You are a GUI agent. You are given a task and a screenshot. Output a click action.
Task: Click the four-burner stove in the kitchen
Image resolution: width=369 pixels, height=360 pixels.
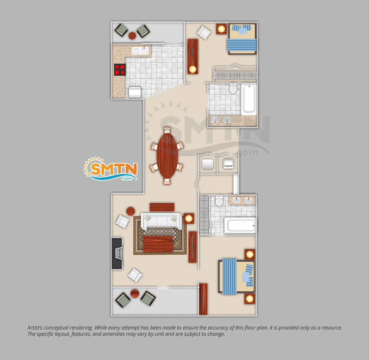(120, 70)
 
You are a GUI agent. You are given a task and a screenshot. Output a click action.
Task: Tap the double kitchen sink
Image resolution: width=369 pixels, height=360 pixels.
(140, 50)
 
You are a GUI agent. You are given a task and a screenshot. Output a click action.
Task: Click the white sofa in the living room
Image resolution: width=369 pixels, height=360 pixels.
(161, 221)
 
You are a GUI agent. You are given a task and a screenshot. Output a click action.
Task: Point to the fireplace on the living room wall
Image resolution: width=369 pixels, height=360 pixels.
(117, 253)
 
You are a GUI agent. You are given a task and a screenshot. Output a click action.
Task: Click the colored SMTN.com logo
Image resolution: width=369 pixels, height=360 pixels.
(111, 169)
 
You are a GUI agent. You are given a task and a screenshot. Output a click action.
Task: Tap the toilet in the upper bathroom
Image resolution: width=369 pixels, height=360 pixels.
(233, 88)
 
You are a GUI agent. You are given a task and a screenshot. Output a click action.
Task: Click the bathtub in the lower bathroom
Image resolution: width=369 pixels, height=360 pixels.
(240, 226)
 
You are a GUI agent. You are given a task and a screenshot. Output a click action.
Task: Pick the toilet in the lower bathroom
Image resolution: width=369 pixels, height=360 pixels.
(219, 201)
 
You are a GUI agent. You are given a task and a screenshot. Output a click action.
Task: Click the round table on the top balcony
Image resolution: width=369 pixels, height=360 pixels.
(132, 36)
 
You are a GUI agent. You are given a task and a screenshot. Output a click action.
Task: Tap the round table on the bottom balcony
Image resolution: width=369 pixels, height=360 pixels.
(135, 293)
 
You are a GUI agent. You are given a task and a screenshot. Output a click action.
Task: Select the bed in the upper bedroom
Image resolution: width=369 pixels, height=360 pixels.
(242, 39)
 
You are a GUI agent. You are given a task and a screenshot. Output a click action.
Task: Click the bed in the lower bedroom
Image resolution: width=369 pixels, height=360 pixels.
(237, 276)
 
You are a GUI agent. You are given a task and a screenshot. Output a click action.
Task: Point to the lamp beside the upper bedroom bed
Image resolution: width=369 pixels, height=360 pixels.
(221, 29)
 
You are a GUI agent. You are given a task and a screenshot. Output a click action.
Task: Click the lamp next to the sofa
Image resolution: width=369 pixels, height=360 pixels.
(189, 218)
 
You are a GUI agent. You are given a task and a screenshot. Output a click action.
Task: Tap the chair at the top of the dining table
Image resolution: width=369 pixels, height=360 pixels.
(167, 130)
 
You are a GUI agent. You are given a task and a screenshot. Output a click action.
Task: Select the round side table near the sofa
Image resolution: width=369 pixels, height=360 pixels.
(131, 211)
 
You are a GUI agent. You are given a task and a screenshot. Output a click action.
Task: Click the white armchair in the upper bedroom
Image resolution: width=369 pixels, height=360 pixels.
(204, 32)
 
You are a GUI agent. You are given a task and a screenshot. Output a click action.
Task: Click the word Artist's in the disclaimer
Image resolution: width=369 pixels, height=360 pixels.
(35, 328)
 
